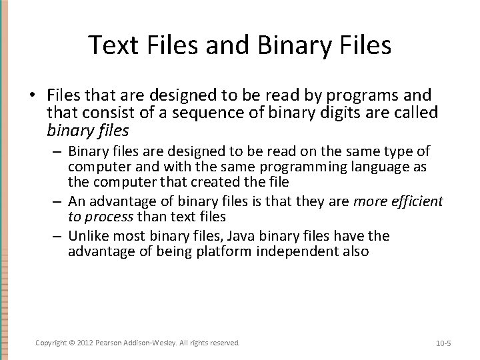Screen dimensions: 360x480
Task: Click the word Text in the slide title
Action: tap(113, 45)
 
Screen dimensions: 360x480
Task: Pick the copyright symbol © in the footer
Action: tap(71, 343)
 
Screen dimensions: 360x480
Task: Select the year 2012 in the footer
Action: tap(85, 343)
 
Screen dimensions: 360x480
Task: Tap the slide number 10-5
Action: tap(443, 343)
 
